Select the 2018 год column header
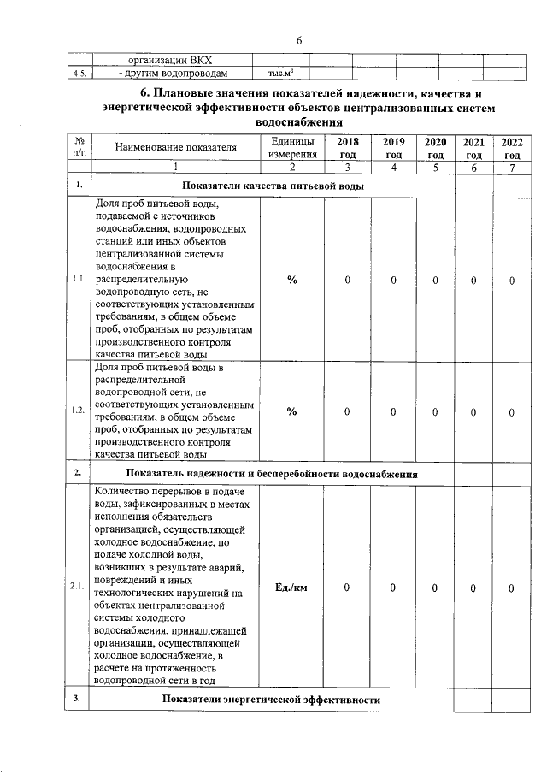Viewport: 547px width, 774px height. [348, 148]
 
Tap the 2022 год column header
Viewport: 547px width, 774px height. [512, 148]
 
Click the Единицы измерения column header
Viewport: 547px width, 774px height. [291, 148]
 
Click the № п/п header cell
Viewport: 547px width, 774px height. [79, 148]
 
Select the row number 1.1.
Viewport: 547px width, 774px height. [79, 280]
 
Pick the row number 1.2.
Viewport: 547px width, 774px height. [79, 411]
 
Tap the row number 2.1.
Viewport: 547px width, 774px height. [79, 588]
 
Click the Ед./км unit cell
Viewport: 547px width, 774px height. [291, 588]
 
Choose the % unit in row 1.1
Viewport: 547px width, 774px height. [291, 280]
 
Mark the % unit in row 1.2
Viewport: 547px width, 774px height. [291, 411]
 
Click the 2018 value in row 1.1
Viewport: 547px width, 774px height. [348, 280]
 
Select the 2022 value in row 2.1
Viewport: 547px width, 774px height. [511, 588]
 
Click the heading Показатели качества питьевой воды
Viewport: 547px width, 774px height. [273, 186]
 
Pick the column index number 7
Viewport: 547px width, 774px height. [512, 168]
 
